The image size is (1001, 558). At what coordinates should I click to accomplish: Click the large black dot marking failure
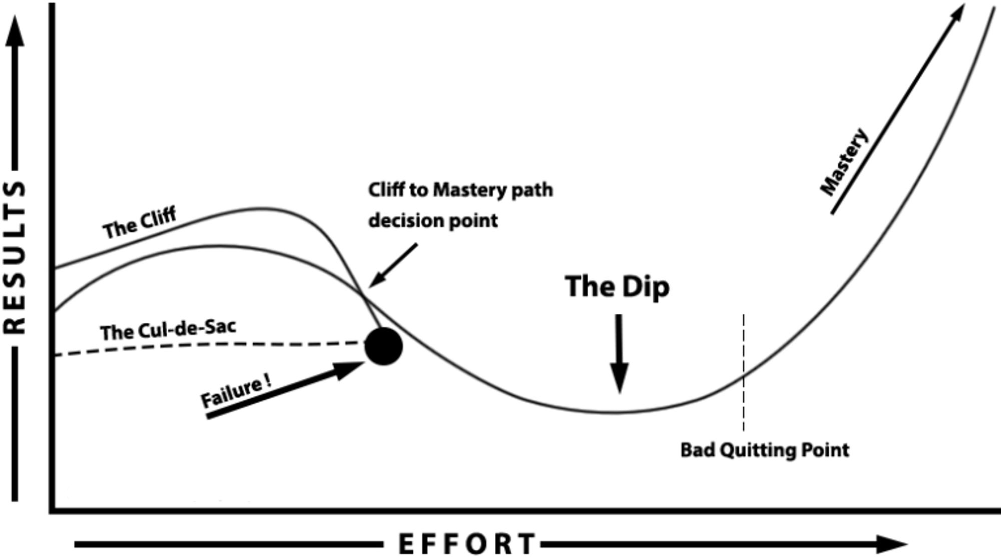coord(383,346)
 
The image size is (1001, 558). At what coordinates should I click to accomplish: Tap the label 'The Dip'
coord(617,287)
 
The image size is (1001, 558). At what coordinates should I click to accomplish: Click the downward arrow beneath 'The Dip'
coord(620,355)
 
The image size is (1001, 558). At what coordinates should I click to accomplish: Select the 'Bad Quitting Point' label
coord(764,450)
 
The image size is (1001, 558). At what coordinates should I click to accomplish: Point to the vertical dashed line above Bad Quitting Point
coord(743,350)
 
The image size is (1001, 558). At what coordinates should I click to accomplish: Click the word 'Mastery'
coord(844,162)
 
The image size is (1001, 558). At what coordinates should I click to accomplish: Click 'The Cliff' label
coord(140,223)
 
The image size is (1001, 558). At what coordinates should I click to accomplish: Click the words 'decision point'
coord(433,221)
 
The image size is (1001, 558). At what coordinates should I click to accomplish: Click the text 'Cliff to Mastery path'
coord(460,190)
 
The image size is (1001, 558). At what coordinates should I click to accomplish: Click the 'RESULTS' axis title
coord(15,258)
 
